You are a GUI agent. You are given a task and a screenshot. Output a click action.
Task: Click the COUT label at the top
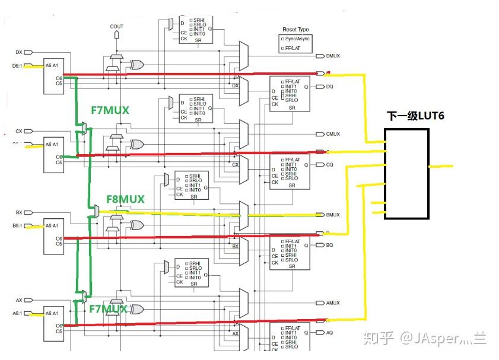(x=117, y=27)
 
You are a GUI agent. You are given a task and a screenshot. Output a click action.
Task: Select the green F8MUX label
(x=125, y=199)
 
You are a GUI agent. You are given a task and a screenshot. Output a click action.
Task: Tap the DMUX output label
(x=333, y=56)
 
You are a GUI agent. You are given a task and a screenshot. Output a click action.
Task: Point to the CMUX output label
(x=333, y=134)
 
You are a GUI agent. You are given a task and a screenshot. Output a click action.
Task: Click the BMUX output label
(x=333, y=214)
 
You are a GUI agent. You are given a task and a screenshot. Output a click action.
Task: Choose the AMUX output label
(x=333, y=302)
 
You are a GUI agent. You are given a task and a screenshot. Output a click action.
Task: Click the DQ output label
(x=330, y=87)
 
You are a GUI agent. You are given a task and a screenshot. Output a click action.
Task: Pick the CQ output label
(x=330, y=165)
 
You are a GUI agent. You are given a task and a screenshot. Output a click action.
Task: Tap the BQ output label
(x=330, y=244)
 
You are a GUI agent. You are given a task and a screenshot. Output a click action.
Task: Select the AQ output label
(x=330, y=333)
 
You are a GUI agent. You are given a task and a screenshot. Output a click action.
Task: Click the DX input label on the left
(x=18, y=52)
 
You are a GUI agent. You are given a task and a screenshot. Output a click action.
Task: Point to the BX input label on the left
(x=18, y=212)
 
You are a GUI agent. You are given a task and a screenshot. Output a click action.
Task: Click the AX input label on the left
(x=18, y=300)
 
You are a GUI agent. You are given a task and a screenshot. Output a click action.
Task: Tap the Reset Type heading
(x=295, y=29)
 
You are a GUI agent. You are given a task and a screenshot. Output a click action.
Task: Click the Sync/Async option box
(x=296, y=39)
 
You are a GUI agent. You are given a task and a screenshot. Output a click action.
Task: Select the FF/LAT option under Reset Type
(x=296, y=48)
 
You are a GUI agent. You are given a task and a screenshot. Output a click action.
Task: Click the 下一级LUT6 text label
(x=416, y=116)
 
